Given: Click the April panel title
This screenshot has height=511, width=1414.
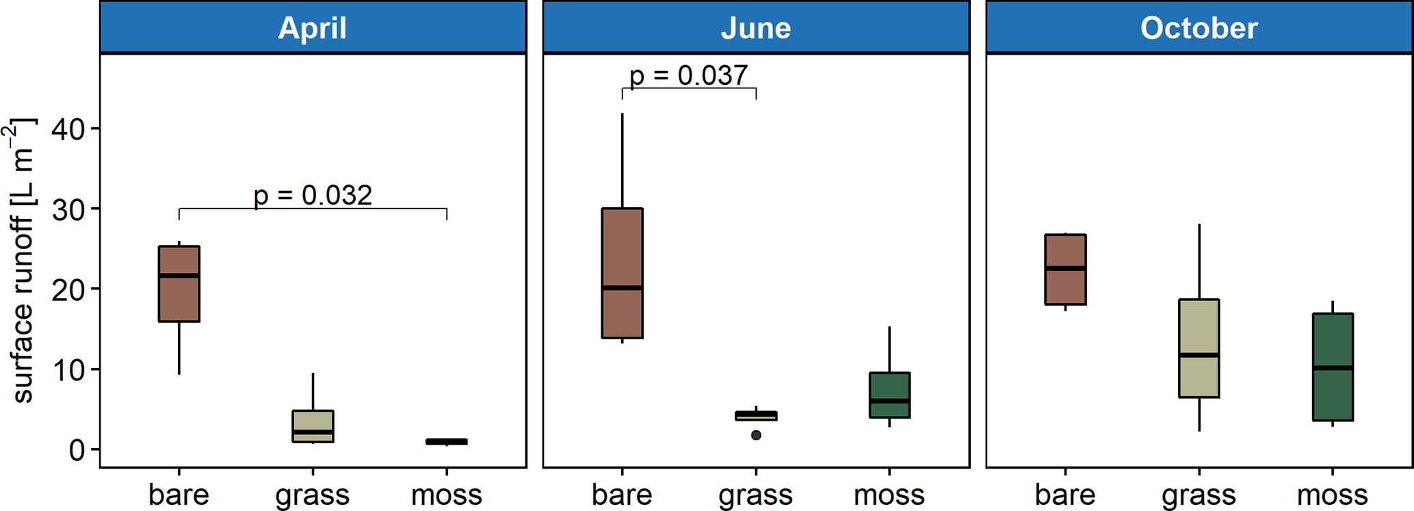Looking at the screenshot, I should [x=313, y=28].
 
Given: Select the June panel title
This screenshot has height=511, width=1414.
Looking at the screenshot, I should [x=755, y=28].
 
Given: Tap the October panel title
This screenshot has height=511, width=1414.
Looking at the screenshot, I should [x=1199, y=28].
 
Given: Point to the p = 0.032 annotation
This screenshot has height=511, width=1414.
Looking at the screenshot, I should [x=313, y=195].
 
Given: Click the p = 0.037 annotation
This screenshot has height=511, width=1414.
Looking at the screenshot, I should [x=688, y=75].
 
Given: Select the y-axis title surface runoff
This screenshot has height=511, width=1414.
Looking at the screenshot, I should [x=22, y=260].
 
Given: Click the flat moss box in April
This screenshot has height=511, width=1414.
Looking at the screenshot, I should [x=447, y=442].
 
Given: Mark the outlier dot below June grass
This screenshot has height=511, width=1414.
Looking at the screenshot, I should [x=756, y=435].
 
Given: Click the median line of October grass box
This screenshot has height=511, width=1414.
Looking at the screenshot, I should [x=1199, y=355].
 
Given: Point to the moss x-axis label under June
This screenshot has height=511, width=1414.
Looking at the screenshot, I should [x=889, y=495].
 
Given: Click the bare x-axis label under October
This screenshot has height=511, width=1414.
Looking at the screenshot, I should [x=1065, y=495].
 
